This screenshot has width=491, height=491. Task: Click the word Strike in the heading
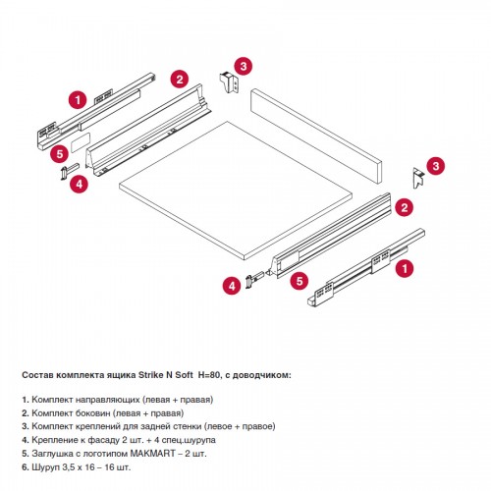coord(151,375)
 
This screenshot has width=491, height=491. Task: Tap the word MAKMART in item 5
coord(149,454)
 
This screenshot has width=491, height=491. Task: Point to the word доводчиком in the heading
coord(265,376)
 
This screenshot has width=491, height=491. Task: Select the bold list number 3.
coord(26,427)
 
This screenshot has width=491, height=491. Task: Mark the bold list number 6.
coord(26,467)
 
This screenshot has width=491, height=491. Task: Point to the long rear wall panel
coord(316,136)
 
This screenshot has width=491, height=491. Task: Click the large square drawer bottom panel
coord(236,191)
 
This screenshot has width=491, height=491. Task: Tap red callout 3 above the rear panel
coord(244,67)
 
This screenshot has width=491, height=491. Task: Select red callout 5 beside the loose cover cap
coord(60,153)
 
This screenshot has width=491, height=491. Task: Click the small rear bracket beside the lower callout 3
coord(418,178)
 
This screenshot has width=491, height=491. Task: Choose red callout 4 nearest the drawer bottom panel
coord(232,286)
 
